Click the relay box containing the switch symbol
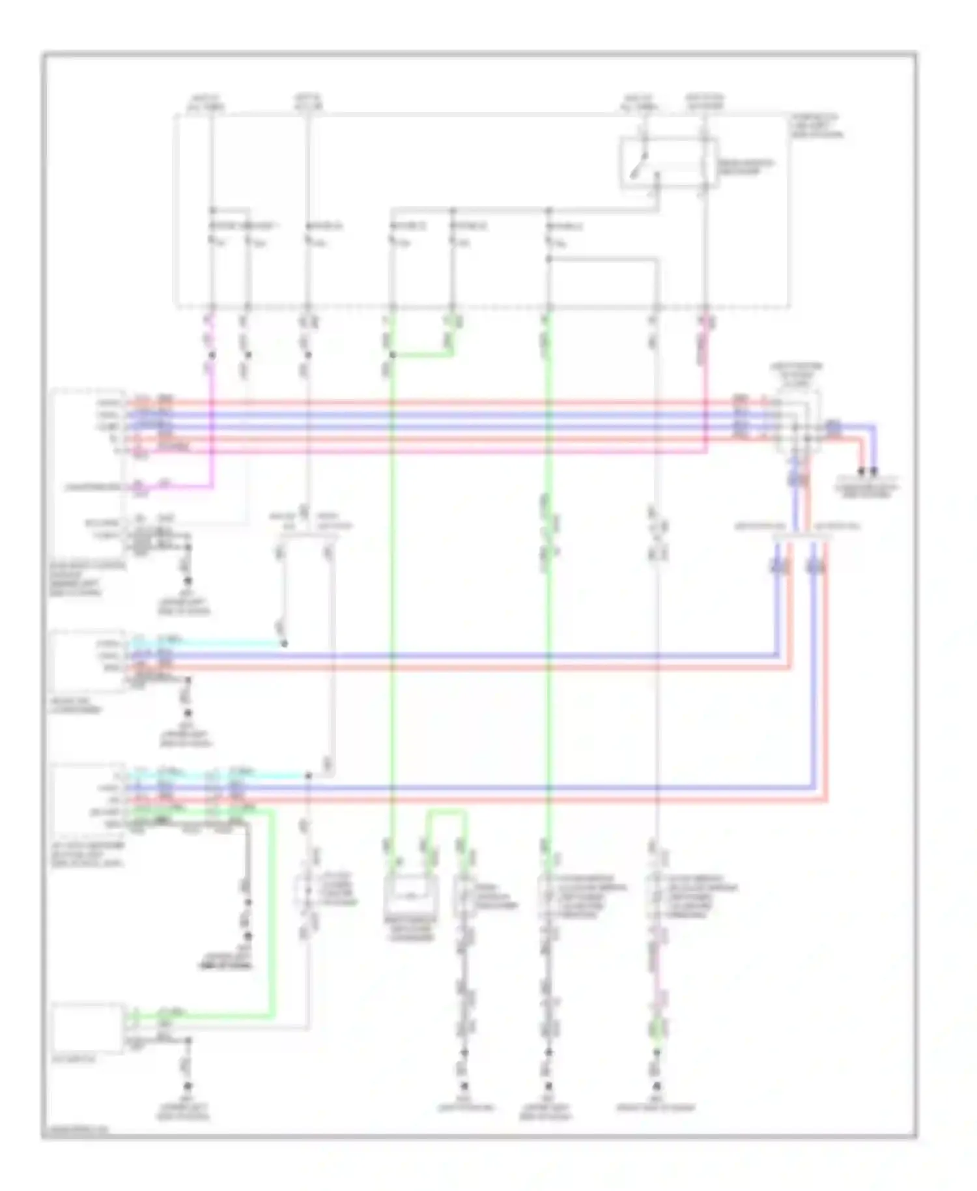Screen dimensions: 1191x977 point(668,163)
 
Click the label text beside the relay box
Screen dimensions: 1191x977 point(745,167)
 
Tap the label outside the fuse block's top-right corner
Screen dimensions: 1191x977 point(817,126)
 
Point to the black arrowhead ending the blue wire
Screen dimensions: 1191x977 point(875,472)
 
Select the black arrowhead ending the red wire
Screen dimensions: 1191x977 point(862,472)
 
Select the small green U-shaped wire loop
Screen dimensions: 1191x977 point(446,814)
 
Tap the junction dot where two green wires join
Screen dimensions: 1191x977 point(392,355)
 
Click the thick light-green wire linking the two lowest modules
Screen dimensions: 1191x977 point(271,912)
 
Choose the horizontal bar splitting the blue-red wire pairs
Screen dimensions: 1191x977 point(802,537)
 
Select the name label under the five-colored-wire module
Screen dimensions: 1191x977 point(89,579)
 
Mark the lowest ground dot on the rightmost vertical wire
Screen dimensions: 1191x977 point(657,1085)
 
